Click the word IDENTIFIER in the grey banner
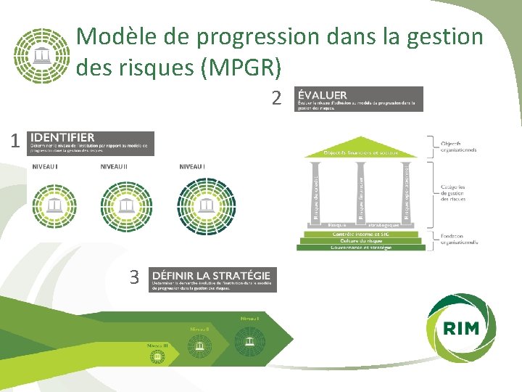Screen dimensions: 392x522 [62, 137]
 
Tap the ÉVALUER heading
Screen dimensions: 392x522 [323, 94]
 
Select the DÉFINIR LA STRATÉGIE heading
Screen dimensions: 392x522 [211, 275]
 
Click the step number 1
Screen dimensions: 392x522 [14, 142]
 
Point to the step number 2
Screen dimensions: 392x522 [276, 97]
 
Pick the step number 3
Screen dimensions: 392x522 [134, 277]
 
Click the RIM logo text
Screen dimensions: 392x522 [461, 327]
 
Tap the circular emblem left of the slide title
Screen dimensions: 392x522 [43, 56]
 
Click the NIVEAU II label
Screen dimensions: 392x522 [114, 167]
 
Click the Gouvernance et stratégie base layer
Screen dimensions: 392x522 [360, 248]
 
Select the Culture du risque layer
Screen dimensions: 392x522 [360, 240]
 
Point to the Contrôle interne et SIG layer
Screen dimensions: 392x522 [360, 233]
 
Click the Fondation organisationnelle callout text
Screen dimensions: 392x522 [459, 240]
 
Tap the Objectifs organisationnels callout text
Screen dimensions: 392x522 [459, 147]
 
